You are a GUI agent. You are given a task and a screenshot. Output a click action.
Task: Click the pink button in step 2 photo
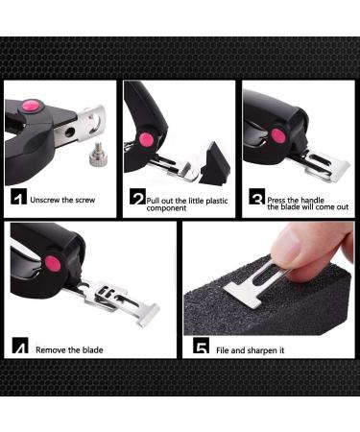[146, 139]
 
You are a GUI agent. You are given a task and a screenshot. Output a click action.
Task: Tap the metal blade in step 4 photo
[120, 304]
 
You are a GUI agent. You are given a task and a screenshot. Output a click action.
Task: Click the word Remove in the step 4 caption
[52, 349]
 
